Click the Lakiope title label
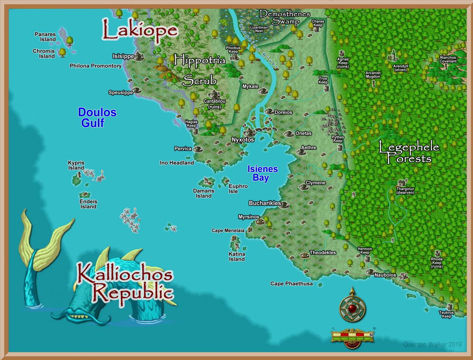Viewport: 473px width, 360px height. click(140, 30)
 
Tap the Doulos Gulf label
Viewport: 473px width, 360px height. click(97, 117)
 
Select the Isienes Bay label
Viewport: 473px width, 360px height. click(262, 173)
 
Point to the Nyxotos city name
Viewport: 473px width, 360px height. click(243, 140)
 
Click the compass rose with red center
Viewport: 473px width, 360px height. click(352, 307)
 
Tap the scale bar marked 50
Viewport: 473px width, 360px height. click(353, 336)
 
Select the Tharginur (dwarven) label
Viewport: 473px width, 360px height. click(405, 191)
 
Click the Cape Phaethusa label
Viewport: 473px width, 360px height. click(291, 284)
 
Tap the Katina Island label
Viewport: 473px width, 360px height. click(237, 257)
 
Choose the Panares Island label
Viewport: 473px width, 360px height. click(45, 37)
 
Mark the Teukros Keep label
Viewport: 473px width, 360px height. click(446, 314)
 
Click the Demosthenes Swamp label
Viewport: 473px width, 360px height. click(285, 18)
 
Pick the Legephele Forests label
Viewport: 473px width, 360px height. click(408, 153)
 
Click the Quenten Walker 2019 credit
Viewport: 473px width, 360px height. click(432, 344)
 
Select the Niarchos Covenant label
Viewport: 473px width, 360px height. click(448, 59)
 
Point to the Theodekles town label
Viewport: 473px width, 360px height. click(323, 253)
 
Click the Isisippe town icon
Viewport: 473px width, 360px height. click(139, 56)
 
